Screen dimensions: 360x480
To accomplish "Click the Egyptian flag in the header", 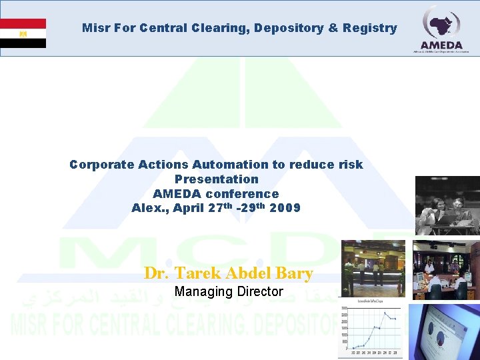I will [x=23, y=33].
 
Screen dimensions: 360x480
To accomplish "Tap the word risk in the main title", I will [x=349, y=164].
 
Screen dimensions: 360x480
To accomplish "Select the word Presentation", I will [x=216, y=179].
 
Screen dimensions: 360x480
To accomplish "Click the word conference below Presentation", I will [x=243, y=193].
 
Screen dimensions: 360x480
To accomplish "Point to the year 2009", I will [x=285, y=208].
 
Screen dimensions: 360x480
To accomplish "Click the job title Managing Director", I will [x=229, y=291].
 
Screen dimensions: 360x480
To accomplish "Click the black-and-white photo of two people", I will [x=447, y=205].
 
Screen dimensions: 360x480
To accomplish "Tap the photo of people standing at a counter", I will [x=373, y=268].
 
